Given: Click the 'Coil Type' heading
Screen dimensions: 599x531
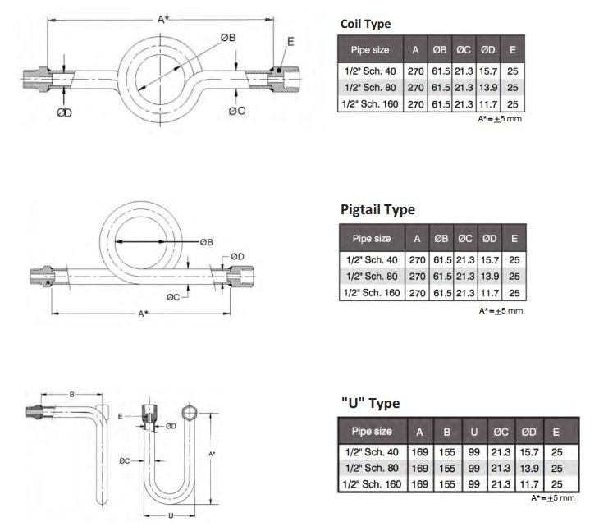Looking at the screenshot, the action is click(365, 24).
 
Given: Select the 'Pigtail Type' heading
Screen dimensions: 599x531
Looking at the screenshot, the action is click(377, 210).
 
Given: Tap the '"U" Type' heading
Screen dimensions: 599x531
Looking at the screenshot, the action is click(370, 403).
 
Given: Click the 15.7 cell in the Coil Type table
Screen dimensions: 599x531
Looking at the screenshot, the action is click(488, 71).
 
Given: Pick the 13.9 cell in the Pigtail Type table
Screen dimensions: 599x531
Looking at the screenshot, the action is click(489, 277).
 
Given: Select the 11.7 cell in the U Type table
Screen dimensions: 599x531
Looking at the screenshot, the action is click(528, 484).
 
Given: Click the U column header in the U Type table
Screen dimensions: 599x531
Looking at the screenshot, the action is click(473, 432).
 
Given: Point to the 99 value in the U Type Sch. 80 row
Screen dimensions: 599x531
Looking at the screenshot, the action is click(473, 469).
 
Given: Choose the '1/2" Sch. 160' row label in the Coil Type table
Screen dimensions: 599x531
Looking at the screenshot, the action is click(370, 104).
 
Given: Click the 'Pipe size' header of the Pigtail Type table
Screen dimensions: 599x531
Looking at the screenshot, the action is click(372, 239).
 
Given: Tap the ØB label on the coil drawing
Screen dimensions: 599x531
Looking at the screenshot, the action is click(228, 38).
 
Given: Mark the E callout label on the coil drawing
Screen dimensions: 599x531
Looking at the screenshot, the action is click(290, 41).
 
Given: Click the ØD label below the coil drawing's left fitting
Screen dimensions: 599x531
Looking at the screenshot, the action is click(64, 112).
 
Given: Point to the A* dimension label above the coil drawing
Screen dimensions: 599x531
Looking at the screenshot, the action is click(162, 19).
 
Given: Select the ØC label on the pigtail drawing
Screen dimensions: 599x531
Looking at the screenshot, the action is click(173, 297).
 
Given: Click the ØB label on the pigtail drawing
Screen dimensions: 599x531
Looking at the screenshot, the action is click(206, 242).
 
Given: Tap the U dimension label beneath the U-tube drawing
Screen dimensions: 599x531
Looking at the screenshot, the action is click(171, 515).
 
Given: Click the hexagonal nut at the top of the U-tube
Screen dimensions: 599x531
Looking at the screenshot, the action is click(189, 413).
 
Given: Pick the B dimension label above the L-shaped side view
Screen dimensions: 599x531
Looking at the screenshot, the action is click(71, 395).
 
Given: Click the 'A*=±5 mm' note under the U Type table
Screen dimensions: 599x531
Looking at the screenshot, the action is click(553, 498).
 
